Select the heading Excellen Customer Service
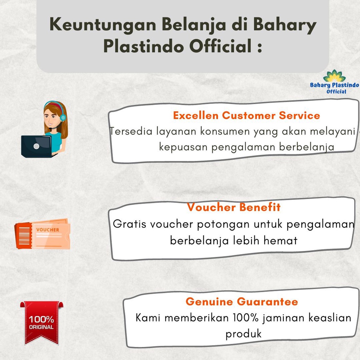(246, 115)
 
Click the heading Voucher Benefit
(234, 207)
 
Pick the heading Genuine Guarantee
(242, 302)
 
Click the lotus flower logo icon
(334, 76)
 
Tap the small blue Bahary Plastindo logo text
(334, 85)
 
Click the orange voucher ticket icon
(43, 234)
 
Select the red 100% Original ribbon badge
(41, 322)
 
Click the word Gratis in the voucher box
(129, 224)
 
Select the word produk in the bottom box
(244, 334)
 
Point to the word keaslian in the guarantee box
(330, 318)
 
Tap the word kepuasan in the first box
(183, 147)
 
